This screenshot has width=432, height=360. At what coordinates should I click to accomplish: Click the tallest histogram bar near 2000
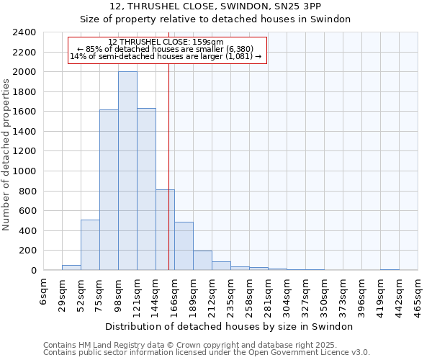[x=127, y=171]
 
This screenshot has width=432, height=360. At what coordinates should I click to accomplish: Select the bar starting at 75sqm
[x=109, y=190]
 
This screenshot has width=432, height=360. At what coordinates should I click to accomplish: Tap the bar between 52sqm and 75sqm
[x=90, y=245]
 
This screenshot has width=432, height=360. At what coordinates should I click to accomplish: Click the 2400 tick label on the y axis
[x=24, y=32]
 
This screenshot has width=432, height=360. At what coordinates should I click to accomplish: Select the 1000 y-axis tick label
[x=24, y=171]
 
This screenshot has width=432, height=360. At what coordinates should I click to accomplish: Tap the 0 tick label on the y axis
[x=33, y=271]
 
